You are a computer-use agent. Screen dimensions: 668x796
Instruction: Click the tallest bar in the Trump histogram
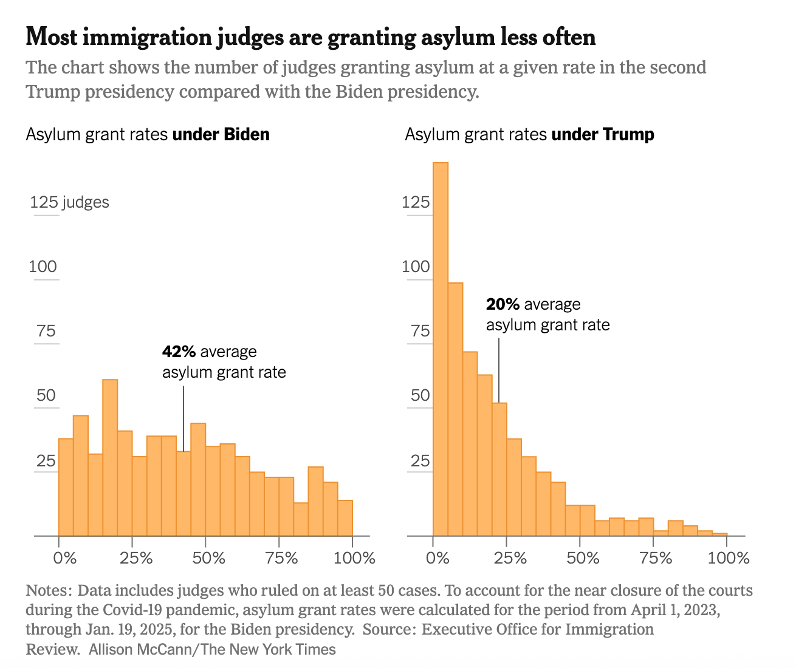click(x=440, y=349)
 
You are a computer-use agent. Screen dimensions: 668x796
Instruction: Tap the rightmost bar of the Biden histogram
click(x=345, y=518)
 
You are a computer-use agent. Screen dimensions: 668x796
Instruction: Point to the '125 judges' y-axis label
click(x=69, y=202)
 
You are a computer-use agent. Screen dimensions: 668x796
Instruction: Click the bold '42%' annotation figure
click(x=179, y=352)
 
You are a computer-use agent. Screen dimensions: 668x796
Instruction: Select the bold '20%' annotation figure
click(x=503, y=304)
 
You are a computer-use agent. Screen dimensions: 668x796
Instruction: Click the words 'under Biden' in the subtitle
click(x=221, y=134)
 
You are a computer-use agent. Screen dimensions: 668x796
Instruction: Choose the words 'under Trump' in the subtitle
click(x=603, y=134)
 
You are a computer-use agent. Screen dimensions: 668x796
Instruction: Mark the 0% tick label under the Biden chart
click(x=65, y=557)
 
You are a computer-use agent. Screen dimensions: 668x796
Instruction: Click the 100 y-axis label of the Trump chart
click(x=416, y=267)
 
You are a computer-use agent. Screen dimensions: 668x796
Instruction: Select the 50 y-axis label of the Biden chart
click(x=46, y=396)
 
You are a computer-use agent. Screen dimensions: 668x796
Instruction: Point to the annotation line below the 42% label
click(x=184, y=419)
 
